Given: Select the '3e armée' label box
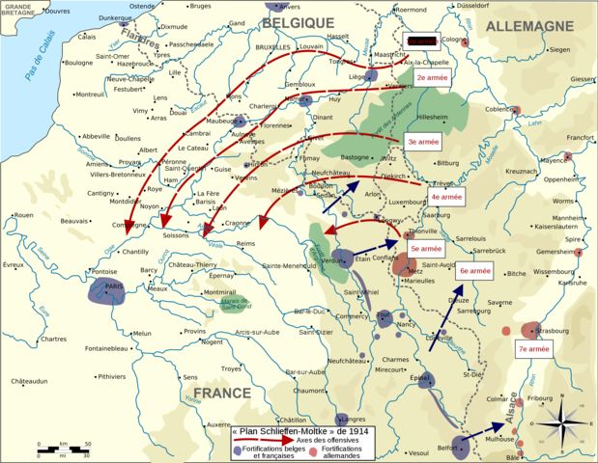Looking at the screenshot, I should click(424, 141).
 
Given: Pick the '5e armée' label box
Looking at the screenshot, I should click(421, 248).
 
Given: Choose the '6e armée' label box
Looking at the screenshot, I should click(475, 272).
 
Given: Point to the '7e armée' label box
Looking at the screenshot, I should click(533, 349).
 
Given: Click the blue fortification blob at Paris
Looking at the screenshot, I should click(107, 291).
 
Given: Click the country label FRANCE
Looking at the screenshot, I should click(221, 394).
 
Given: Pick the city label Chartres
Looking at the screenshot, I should click(54, 339).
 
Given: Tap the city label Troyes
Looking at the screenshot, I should click(232, 368).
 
